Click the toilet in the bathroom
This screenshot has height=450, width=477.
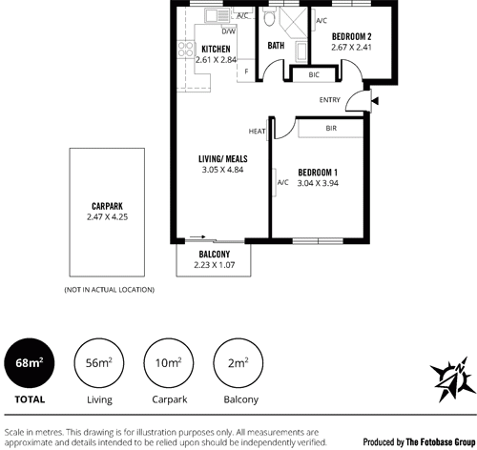click(270, 16)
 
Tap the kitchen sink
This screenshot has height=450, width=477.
click(218, 15)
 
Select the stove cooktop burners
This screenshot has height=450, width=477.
click(185, 50)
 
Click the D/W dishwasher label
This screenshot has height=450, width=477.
click(229, 31)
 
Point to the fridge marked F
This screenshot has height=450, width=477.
click(246, 72)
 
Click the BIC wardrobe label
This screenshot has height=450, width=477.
click(314, 75)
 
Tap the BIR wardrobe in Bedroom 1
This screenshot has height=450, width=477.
click(331, 129)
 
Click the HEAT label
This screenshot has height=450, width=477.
click(257, 132)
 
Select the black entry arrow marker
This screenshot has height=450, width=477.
click(375, 101)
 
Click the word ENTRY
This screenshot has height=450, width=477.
click(330, 100)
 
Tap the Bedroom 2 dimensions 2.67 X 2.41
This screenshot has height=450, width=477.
click(351, 48)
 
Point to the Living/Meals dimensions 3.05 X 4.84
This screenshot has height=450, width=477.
click(222, 170)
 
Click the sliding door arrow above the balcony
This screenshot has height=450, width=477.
click(197, 236)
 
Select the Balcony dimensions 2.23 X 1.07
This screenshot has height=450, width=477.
click(215, 265)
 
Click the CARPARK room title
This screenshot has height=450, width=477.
click(107, 206)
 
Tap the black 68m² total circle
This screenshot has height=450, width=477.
click(30, 363)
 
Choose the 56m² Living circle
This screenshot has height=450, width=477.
click(99, 363)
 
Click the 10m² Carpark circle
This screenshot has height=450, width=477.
click(169, 363)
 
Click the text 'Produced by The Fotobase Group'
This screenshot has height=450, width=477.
click(419, 442)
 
